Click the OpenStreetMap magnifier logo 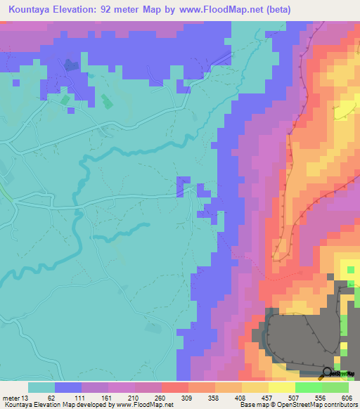(x=328, y=372)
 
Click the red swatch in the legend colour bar (x=174, y=387)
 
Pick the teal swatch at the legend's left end (x=41, y=387)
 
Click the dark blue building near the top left (x=71, y=65)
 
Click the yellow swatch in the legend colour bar (x=255, y=387)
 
